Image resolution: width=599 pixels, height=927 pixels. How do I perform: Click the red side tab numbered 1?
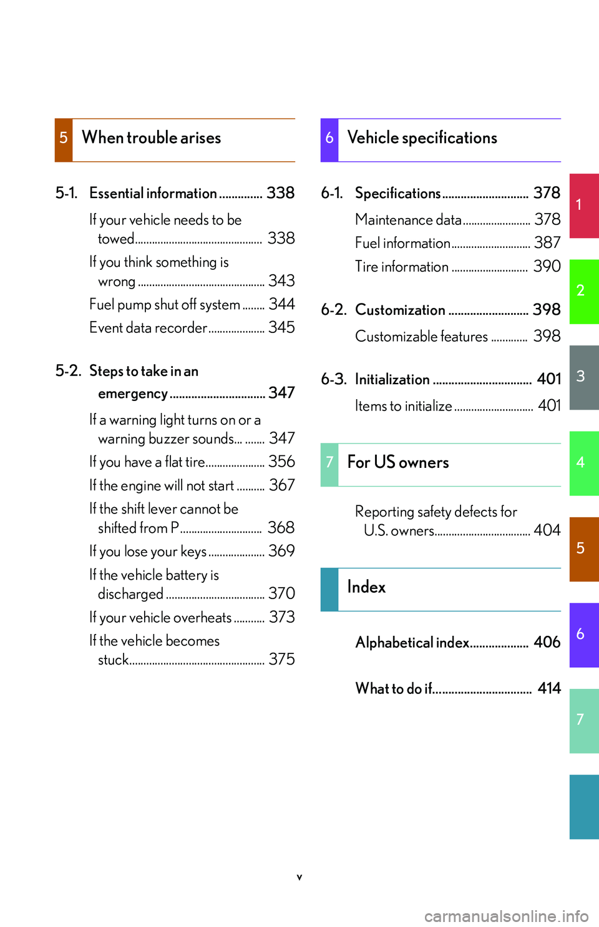coord(584,206)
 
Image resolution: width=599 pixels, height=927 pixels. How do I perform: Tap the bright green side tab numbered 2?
coord(584,291)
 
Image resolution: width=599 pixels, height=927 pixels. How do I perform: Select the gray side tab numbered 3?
coord(584,377)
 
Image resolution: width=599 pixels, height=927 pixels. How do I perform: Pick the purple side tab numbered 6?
coord(584,635)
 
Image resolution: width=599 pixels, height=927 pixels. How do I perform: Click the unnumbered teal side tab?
coord(584,806)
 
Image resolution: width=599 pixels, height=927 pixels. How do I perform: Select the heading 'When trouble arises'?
coord(152,138)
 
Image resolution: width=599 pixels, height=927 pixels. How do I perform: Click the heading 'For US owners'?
coord(398,463)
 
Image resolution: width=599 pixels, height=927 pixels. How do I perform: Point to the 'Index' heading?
coord(366,587)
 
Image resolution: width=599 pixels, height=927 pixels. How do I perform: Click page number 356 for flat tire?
coord(281,462)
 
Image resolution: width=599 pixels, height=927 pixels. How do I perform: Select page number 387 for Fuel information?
coord(547,242)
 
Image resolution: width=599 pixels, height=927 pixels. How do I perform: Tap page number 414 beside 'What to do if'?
coord(549,688)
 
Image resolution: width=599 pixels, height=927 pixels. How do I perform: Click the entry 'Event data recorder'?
coord(149,328)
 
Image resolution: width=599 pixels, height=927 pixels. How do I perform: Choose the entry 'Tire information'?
coord(402,267)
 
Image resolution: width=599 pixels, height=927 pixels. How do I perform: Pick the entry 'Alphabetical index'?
coord(412,643)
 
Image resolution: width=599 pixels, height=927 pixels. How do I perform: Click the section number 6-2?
coord(333,310)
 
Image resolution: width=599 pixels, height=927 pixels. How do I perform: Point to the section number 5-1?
coord(67,193)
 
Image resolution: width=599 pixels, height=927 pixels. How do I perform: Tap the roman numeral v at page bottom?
coord(299,877)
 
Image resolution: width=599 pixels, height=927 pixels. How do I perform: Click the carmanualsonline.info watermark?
coord(506,916)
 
